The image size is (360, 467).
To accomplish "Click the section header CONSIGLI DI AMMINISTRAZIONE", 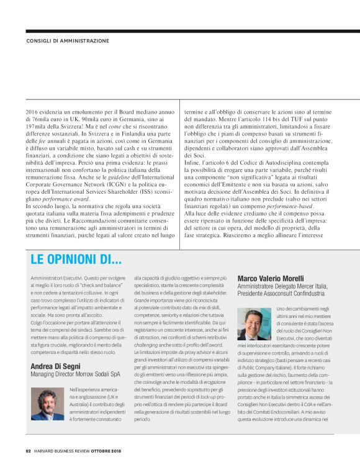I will tap(68, 41).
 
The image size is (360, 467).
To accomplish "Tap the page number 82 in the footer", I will tap(28, 450).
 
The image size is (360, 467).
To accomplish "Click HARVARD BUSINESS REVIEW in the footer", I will tap(68, 450).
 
